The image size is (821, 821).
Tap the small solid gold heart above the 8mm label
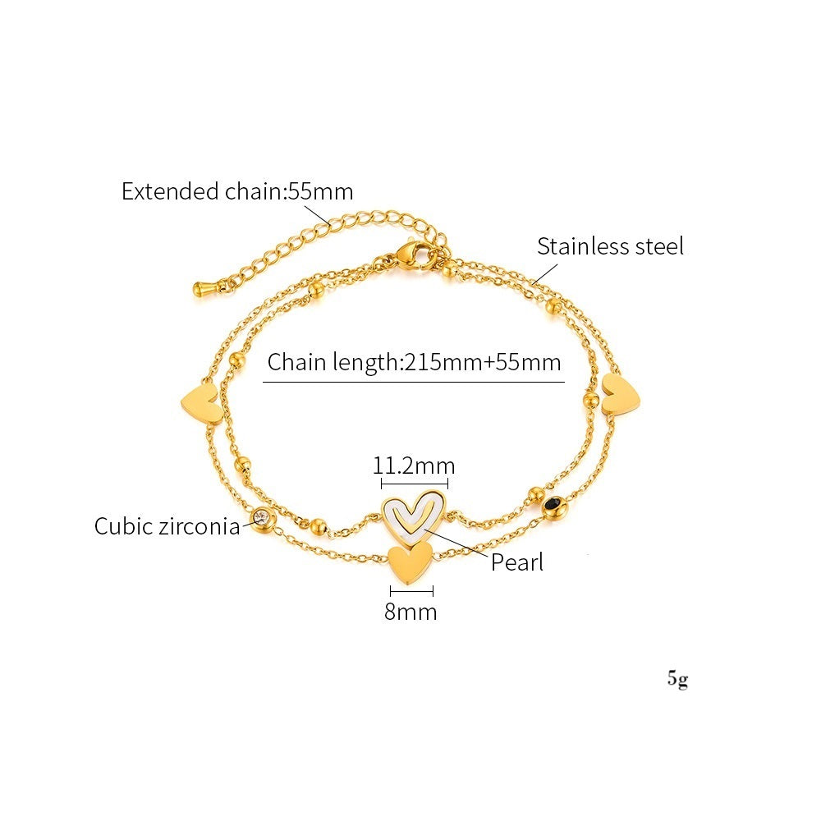(410, 562)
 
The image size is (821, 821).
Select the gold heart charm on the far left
(201, 401)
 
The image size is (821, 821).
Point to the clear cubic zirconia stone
(261, 518)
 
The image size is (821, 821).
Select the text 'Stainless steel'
(610, 246)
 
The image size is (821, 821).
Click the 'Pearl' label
(517, 562)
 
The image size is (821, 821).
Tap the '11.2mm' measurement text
(414, 466)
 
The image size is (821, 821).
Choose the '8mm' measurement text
(410, 612)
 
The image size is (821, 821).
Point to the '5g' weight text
(677, 679)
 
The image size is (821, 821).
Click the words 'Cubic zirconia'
(167, 525)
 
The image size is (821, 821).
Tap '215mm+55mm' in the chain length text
(482, 362)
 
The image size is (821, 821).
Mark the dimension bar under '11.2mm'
(414, 484)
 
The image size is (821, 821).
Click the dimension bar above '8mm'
(411, 592)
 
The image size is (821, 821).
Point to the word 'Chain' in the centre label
(296, 362)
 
